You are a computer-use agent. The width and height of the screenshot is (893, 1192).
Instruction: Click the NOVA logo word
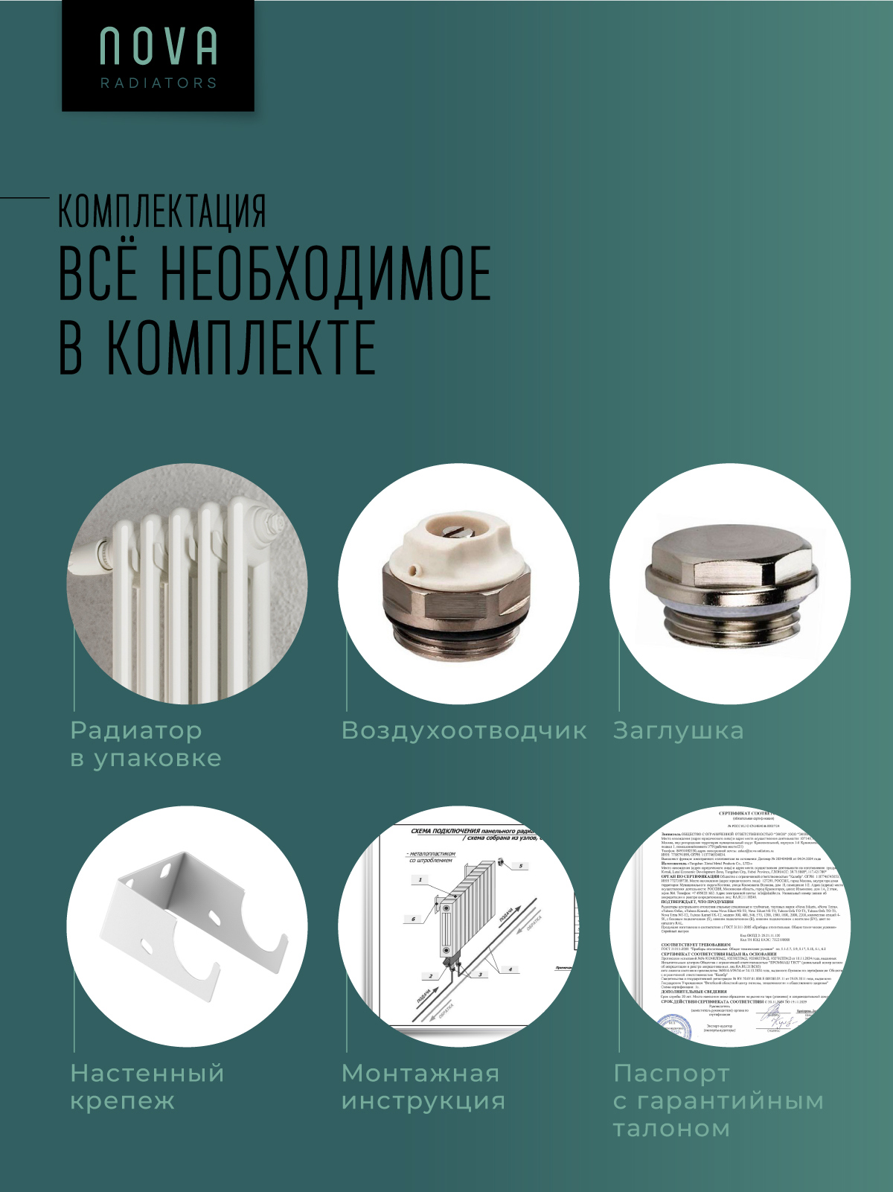(x=159, y=47)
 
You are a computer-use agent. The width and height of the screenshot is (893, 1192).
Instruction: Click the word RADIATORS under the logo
(x=159, y=83)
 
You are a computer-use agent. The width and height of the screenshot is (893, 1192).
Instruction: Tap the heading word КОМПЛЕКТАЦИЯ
(x=162, y=211)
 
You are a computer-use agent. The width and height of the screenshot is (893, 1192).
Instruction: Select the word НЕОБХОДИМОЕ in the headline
(x=326, y=273)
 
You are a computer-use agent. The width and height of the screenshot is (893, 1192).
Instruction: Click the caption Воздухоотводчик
(x=464, y=730)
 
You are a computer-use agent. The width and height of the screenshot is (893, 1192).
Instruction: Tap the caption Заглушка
(x=678, y=730)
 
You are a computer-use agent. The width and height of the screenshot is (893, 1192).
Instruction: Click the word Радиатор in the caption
(x=135, y=730)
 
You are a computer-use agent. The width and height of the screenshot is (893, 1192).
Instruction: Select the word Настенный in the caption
(x=147, y=1073)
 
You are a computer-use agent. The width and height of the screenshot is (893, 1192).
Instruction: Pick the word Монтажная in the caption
(x=420, y=1073)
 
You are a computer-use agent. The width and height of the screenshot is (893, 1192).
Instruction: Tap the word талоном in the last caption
(x=670, y=1129)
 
